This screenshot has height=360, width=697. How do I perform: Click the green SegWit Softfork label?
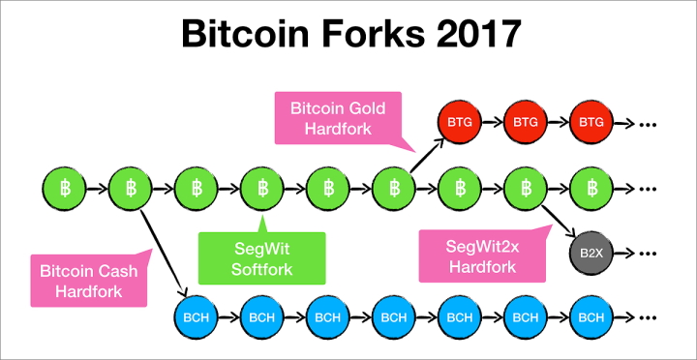pos(261,256)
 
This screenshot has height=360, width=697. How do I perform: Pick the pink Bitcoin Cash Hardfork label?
pos(89,280)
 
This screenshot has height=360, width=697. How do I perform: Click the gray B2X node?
pos(590,255)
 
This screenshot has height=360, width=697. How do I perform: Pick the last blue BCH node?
pos(590,316)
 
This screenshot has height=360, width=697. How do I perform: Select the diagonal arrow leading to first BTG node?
pos(426,155)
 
